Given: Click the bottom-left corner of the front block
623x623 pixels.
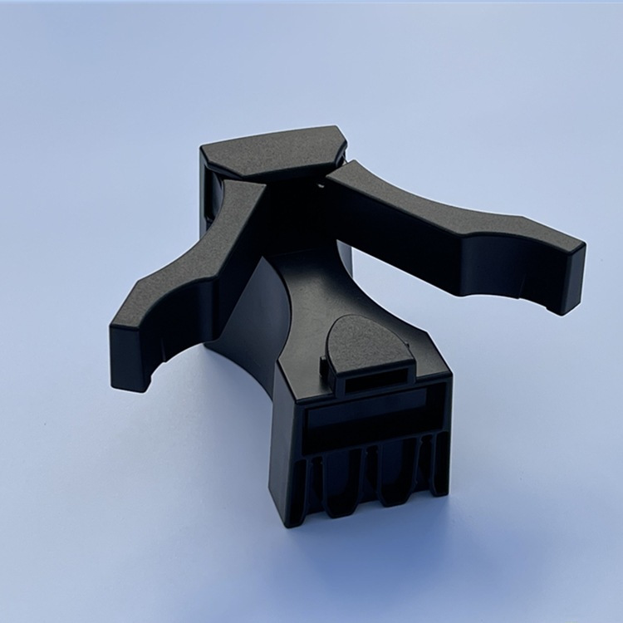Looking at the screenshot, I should [287, 524].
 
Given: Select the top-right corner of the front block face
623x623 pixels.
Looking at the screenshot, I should [449, 378].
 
